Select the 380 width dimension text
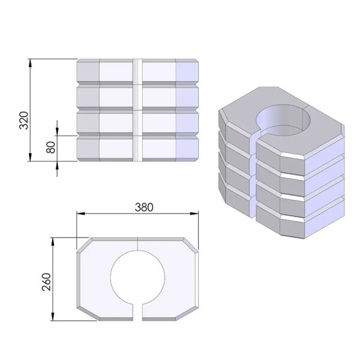tap(144, 207)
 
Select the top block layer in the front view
tap(138, 71)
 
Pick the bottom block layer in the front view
tap(138, 149)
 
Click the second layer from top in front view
tap(138, 96)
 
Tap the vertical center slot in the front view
tap(138, 111)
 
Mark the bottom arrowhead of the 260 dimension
tap(56, 317)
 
